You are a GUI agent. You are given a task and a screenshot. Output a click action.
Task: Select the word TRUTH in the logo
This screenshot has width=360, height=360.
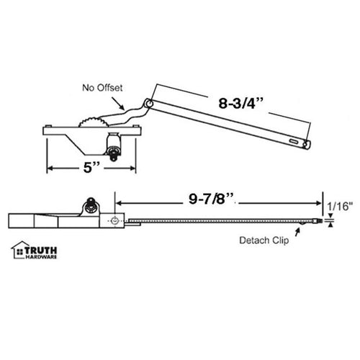pyautogui.click(x=42, y=247)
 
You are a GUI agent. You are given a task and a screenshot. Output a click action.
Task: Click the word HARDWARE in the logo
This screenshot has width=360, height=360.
pyautogui.click(x=43, y=256)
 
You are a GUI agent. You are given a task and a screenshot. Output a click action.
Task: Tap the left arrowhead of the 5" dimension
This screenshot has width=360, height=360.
pyautogui.click(x=50, y=169)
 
